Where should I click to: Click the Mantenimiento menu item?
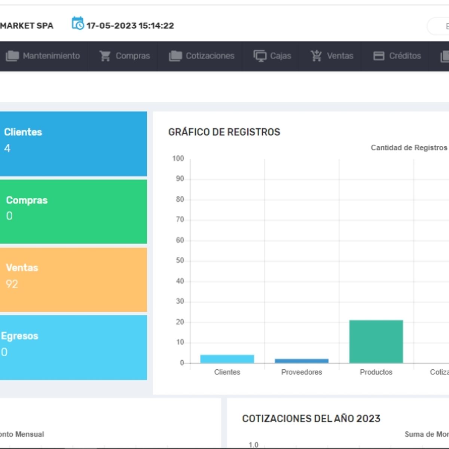(43, 56)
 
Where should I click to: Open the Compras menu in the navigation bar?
(125, 56)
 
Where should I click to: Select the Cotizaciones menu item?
(202, 56)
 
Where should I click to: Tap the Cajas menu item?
(272, 56)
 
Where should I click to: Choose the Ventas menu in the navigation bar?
(332, 56)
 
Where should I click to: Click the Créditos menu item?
(397, 56)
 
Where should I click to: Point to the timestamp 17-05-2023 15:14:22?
(130, 26)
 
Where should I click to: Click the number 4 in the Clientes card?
(7, 149)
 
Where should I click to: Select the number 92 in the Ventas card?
(12, 284)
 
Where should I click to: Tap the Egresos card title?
(20, 336)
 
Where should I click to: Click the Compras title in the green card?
(27, 200)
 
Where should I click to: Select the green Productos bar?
(376, 341)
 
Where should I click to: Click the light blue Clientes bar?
(227, 359)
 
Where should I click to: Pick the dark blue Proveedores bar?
(302, 361)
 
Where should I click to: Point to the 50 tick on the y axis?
(180, 260)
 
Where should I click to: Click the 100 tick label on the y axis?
(178, 159)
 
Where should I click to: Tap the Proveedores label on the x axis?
(302, 372)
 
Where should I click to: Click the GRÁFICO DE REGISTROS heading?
(224, 132)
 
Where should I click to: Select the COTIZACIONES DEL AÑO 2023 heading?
(311, 418)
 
